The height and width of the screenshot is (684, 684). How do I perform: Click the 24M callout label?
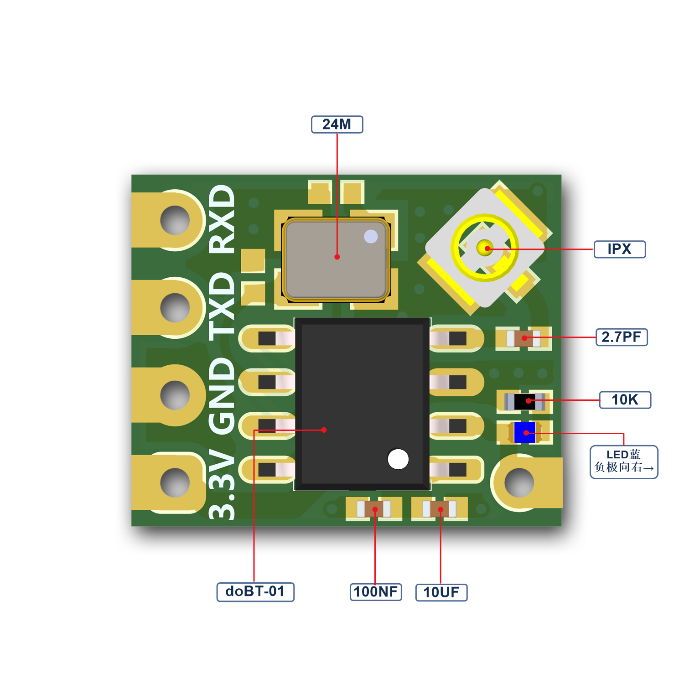337,124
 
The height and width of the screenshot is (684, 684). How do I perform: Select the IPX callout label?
620,249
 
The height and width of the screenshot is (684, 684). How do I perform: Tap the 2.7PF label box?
622,337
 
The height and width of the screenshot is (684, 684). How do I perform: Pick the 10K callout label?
625,400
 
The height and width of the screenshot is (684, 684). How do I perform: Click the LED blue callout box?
624,462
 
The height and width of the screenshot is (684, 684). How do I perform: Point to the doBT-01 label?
255,592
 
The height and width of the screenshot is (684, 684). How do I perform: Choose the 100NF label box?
376,592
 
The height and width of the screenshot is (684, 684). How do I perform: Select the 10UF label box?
441,592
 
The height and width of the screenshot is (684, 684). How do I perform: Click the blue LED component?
525,432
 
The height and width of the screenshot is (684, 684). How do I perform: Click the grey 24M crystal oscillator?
336,259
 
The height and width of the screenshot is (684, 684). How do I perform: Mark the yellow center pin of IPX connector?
485,248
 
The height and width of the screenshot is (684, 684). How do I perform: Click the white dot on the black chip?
398,459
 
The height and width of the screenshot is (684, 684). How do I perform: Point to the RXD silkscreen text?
222,219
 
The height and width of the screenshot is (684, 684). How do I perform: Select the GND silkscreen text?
222,394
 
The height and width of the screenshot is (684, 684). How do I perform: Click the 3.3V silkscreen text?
222,484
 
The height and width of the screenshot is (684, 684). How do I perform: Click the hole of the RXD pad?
175,220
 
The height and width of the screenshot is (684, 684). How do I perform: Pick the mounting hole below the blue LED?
519,482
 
